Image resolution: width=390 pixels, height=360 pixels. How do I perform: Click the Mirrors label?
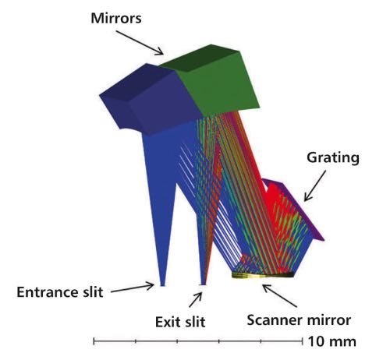pos(116,19)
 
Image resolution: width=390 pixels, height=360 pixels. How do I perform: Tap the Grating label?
pos(333,157)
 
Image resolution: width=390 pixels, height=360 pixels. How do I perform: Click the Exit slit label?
pos(180,322)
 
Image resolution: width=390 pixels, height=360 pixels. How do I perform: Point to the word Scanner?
pos(275,320)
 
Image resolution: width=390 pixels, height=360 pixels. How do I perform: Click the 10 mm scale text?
pos(332,341)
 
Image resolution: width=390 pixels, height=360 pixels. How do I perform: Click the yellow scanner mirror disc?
pos(263,275)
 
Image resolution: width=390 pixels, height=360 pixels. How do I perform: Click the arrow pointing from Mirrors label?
pos(140,43)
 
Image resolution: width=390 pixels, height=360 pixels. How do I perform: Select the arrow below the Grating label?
pos(315,185)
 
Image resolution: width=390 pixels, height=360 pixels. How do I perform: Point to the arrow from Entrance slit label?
pos(133,288)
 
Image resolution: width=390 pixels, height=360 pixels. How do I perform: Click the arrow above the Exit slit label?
pos(196,300)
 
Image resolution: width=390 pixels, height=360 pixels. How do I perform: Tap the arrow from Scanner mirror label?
pos(280,296)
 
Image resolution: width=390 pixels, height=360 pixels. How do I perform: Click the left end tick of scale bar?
pos(94,341)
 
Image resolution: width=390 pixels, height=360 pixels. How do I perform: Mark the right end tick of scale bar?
pos(303,341)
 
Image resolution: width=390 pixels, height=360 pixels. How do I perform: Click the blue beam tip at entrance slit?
pos(162,285)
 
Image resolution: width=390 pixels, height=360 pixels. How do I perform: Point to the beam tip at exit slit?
pos(203,284)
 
